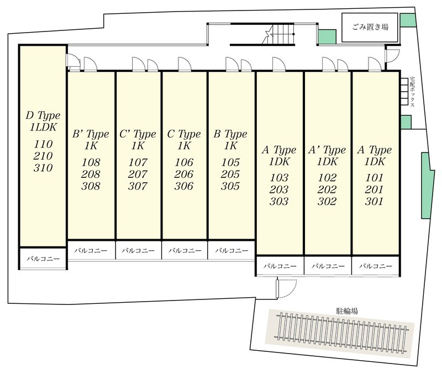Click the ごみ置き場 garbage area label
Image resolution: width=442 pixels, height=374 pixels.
370,27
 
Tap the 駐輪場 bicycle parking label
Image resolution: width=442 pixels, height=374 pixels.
347,311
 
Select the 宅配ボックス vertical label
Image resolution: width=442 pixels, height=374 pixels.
412,92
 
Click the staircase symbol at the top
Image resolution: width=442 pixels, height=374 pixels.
278,34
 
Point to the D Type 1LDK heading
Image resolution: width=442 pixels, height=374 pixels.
43,121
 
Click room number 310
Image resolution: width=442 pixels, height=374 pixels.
43,168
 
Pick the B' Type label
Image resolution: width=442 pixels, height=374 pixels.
91,134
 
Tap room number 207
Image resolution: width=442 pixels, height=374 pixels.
138,174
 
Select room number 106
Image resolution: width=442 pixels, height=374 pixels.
184,162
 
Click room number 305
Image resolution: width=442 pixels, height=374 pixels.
230,186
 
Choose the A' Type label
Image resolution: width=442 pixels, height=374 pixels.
327,150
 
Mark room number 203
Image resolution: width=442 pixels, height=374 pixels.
279,189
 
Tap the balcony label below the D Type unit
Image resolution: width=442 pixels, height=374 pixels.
43,259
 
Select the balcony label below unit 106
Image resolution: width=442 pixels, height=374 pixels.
185,250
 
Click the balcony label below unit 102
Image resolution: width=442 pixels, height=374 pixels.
328,266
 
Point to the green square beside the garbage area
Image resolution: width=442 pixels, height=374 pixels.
327,36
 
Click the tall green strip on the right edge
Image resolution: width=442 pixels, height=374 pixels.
427,185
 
